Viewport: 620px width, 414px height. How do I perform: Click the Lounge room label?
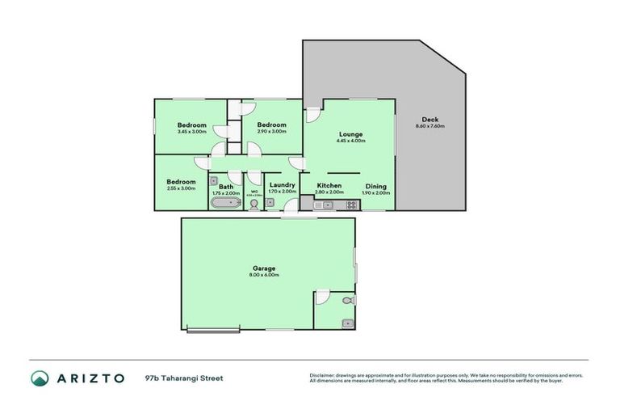click(x=350, y=133)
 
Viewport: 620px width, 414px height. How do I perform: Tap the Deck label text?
click(x=429, y=120)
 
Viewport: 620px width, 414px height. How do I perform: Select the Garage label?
click(x=264, y=268)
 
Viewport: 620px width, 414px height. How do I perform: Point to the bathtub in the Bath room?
click(x=224, y=204)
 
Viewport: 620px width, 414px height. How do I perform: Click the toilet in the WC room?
click(x=253, y=204)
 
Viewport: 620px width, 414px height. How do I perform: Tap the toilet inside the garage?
click(x=347, y=301)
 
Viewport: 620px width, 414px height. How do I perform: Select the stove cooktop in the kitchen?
click(x=352, y=205)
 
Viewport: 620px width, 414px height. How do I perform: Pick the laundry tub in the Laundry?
click(x=270, y=205)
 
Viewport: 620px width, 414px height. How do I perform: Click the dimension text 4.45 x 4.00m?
click(x=350, y=141)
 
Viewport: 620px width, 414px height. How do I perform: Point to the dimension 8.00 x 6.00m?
click(x=264, y=275)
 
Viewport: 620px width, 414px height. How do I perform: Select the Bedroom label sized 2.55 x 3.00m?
click(x=181, y=182)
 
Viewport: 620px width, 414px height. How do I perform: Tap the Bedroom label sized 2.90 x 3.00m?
click(x=271, y=125)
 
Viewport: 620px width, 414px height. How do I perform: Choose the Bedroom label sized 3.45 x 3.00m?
click(x=191, y=125)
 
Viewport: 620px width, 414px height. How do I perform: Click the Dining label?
click(x=375, y=186)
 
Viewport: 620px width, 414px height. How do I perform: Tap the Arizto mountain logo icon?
click(x=39, y=378)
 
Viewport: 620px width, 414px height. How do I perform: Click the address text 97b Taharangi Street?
click(x=184, y=378)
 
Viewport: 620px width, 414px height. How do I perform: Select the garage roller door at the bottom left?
click(x=213, y=328)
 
